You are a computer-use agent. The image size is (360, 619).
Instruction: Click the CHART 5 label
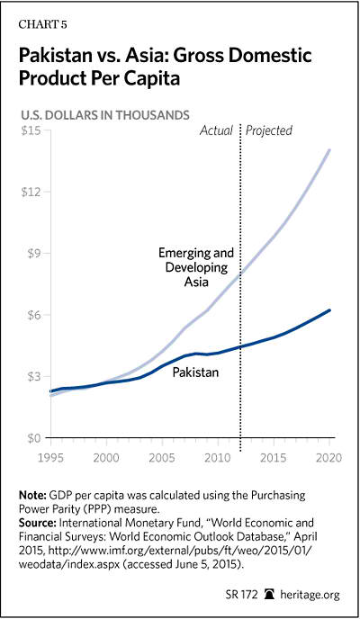[x=42, y=24]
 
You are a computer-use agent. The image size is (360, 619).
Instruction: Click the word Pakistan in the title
[x=55, y=55]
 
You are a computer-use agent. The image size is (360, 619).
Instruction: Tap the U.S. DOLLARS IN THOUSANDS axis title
[x=105, y=115]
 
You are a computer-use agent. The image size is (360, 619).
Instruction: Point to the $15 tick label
[x=30, y=130]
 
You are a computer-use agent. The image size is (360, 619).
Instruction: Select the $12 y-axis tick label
[x=30, y=192]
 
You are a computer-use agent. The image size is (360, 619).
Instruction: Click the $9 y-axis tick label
[x=33, y=253]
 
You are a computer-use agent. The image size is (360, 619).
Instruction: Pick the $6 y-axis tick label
[x=33, y=315]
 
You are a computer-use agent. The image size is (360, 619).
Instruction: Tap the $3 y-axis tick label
[x=33, y=376]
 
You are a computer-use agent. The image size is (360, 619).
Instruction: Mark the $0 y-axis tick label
[x=33, y=438]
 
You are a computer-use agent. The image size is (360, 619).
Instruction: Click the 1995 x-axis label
[x=50, y=458]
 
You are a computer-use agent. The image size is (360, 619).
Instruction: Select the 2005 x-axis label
[x=162, y=458]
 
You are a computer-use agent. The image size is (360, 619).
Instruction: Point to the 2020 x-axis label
[x=328, y=458]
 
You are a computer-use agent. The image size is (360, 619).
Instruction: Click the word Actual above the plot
[x=216, y=130]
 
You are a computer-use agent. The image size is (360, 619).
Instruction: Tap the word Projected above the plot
[x=269, y=130]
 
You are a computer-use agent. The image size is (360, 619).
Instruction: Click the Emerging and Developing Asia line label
[x=196, y=267]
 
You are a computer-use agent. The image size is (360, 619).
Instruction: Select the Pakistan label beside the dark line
[x=195, y=372]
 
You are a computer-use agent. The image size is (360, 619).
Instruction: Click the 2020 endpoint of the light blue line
[x=328, y=150]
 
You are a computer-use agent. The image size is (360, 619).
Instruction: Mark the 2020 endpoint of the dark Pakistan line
[x=328, y=310]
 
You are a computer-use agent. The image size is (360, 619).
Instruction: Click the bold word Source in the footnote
[x=38, y=523]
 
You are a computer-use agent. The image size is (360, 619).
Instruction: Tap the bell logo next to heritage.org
[x=271, y=594]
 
